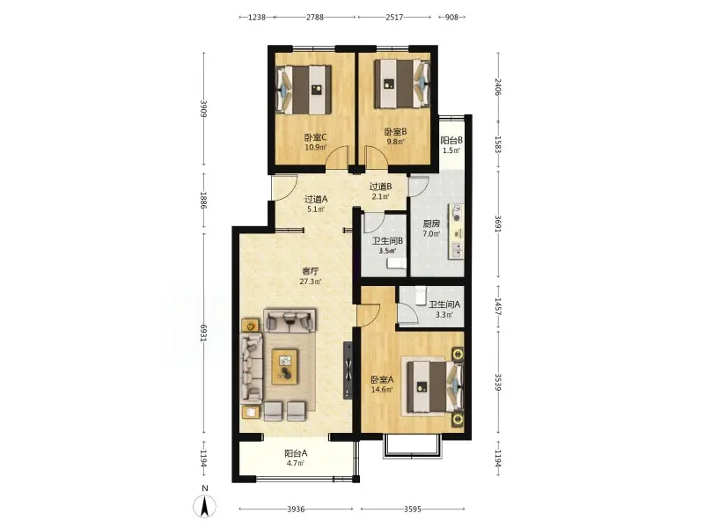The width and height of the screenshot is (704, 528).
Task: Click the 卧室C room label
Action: tap(315, 137)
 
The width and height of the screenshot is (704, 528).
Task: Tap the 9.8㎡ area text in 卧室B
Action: tap(395, 142)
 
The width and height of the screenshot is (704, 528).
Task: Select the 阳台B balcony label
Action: tap(451, 140)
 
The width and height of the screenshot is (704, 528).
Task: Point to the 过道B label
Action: tap(380, 187)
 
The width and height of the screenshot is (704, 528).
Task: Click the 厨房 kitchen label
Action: tap(431, 224)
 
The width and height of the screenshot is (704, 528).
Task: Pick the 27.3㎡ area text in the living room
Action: tap(311, 282)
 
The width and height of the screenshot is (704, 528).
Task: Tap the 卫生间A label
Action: tap(444, 304)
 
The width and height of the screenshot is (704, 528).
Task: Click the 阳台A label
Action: tap(296, 453)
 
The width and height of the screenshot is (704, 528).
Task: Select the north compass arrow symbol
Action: tap(204, 507)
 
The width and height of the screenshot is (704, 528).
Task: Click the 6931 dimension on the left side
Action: tap(204, 333)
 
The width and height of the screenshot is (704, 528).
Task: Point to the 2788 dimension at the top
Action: tap(315, 17)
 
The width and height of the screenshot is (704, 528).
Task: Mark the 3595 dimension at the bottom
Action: tap(412, 509)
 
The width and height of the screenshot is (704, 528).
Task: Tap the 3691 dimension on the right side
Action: tap(498, 224)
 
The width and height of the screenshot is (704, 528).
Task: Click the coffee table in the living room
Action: tap(284, 366)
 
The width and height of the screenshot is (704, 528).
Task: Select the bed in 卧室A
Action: tap(435, 387)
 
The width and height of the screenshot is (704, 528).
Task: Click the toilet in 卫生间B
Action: tap(397, 263)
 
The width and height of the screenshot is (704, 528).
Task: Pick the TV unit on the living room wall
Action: tap(348, 370)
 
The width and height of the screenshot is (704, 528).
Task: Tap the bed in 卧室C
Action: tap(304, 90)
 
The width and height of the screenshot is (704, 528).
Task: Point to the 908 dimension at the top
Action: tap(451, 17)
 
